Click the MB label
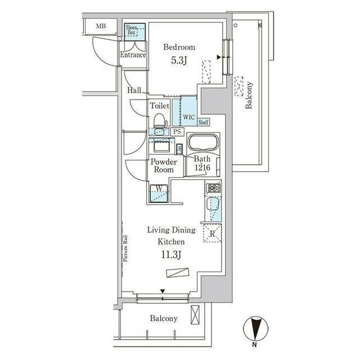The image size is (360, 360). tap(101, 26)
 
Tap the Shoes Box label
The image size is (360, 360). tap(132, 30)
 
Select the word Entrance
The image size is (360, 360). tap(133, 55)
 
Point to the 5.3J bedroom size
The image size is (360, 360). tap(179, 61)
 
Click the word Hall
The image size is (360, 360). tap(134, 90)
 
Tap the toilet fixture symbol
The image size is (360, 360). tap(160, 121)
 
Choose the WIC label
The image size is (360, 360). tap(189, 117)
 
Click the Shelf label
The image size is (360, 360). tap(203, 122)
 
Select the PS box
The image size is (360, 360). tap(177, 132)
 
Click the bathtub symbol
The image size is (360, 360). tap(203, 142)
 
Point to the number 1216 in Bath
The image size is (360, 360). tap(202, 167)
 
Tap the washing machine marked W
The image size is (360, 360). tap(159, 193)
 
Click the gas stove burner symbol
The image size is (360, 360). tap(214, 188)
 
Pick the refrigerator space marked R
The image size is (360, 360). tap(213, 233)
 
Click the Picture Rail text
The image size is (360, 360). tap(125, 249)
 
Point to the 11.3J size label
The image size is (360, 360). tap(172, 255)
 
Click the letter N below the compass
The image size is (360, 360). tap(254, 344)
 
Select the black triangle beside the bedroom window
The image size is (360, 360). tap(219, 57)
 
